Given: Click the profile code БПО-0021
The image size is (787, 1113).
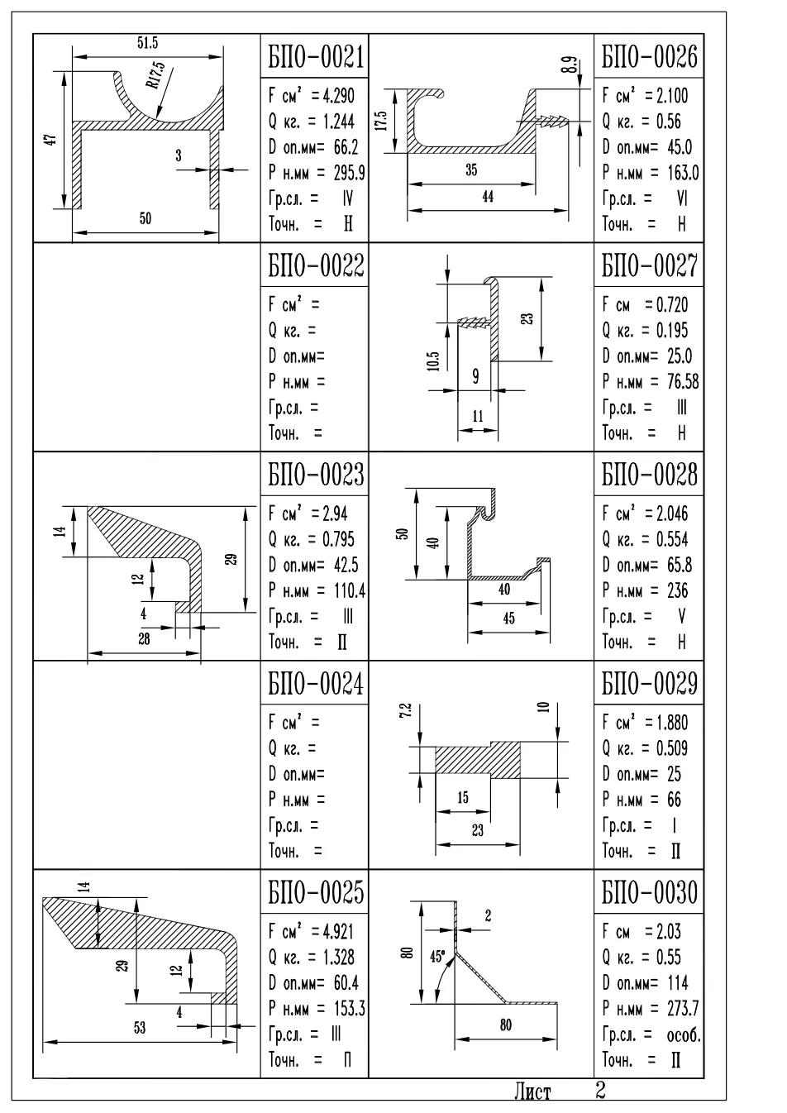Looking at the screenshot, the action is coord(316,57).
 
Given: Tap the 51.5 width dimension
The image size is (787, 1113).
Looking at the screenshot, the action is coord(147,43).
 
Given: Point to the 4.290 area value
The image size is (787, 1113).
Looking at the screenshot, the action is coord(338,95).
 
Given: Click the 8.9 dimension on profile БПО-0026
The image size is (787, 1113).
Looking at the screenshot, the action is coord(571,65).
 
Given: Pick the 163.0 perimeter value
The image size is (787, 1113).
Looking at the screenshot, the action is coord(683,173).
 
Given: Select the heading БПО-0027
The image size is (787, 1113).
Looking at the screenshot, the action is coord(650,265).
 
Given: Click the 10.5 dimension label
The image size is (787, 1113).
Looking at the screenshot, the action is coord(433,361).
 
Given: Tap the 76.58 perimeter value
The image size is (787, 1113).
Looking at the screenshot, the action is coord(683,381).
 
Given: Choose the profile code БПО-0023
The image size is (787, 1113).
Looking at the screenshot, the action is coord(316,475).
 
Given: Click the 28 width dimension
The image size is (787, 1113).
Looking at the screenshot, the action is coord(144,639).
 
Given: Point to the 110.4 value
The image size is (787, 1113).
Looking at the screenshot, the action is coord(350,590).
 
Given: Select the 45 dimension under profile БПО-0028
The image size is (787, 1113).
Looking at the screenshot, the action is coord(508,619).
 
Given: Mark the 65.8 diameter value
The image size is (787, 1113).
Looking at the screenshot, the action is coord(680,565).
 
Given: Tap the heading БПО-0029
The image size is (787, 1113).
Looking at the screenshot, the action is coord(650,683).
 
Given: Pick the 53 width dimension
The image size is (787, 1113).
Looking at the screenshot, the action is coord(140,1028).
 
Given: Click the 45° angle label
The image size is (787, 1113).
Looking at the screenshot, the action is coord(437,957).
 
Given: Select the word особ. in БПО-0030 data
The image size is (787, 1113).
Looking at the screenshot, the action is coord(684,1035).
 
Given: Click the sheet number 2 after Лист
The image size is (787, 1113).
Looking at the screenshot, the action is coord(600,1091).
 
